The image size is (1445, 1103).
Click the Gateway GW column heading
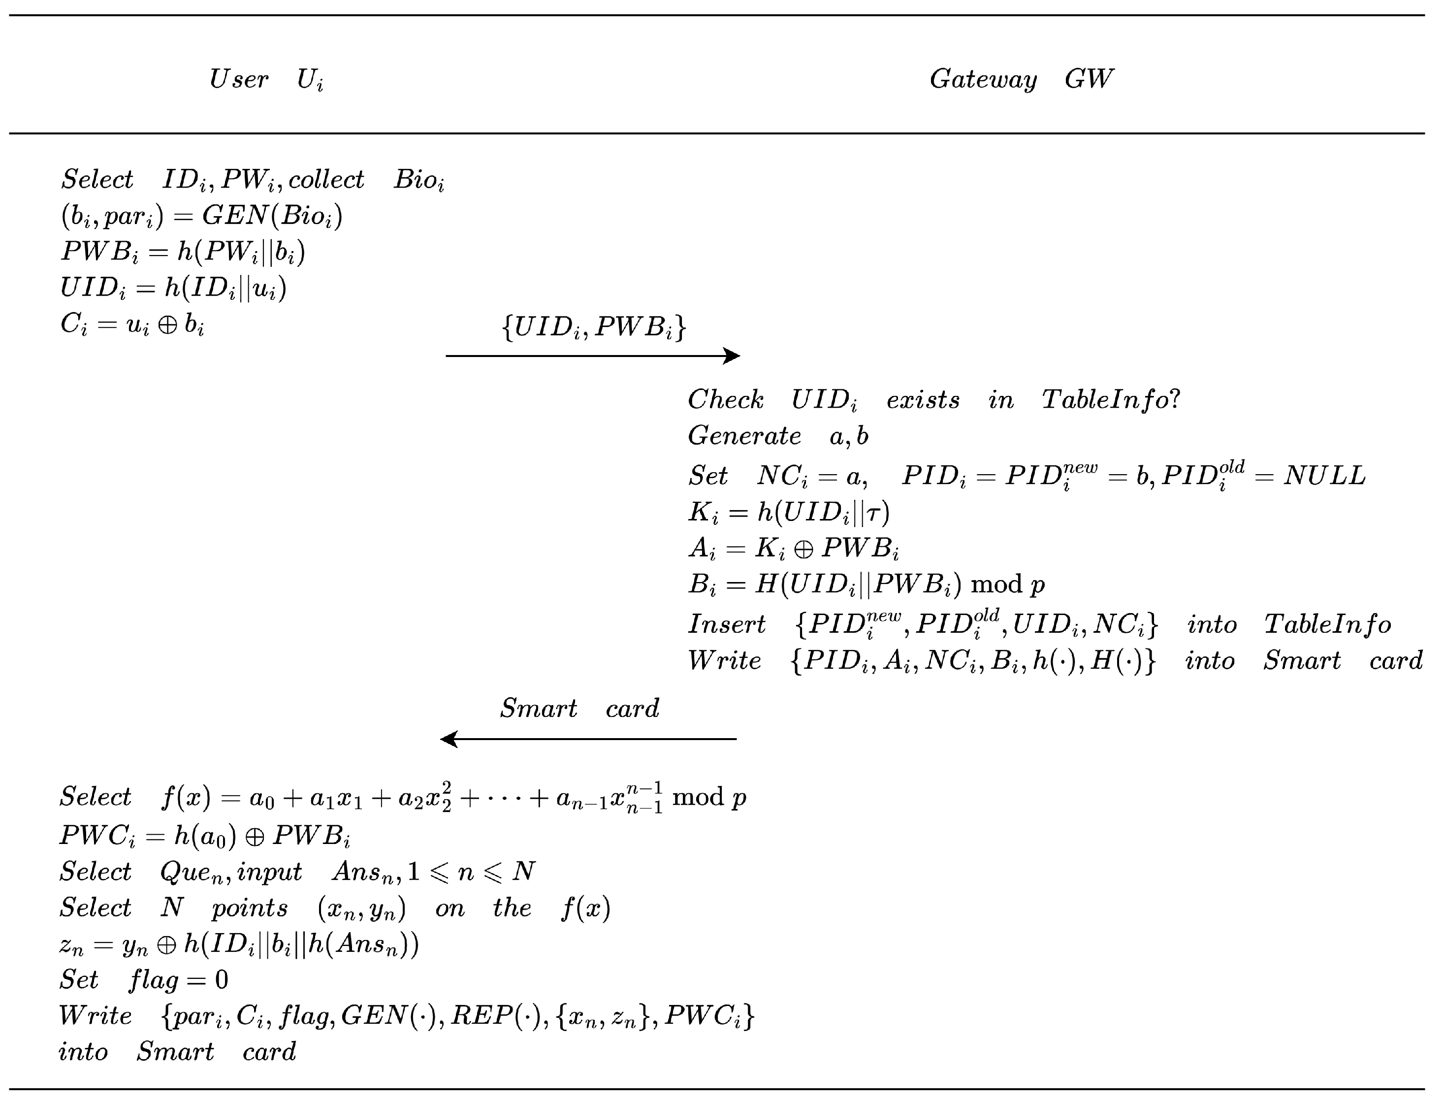click(x=1021, y=79)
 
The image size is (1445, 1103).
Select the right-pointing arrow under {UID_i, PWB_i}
click(x=592, y=356)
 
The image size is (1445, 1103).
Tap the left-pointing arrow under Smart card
click(x=588, y=739)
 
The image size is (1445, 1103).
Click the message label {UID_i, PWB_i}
click(x=593, y=326)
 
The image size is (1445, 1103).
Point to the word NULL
click(x=1324, y=475)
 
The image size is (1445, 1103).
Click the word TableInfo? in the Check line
click(x=1111, y=399)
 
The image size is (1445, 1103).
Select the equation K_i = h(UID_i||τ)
click(x=789, y=512)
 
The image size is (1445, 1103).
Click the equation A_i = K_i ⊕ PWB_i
click(x=793, y=548)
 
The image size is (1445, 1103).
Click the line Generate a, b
click(x=778, y=436)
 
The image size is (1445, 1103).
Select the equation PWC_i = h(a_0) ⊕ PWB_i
click(x=205, y=835)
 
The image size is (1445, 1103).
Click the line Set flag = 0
click(x=144, y=979)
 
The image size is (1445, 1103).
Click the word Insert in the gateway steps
click(x=726, y=624)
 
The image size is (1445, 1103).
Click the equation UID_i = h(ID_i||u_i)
click(x=173, y=288)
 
